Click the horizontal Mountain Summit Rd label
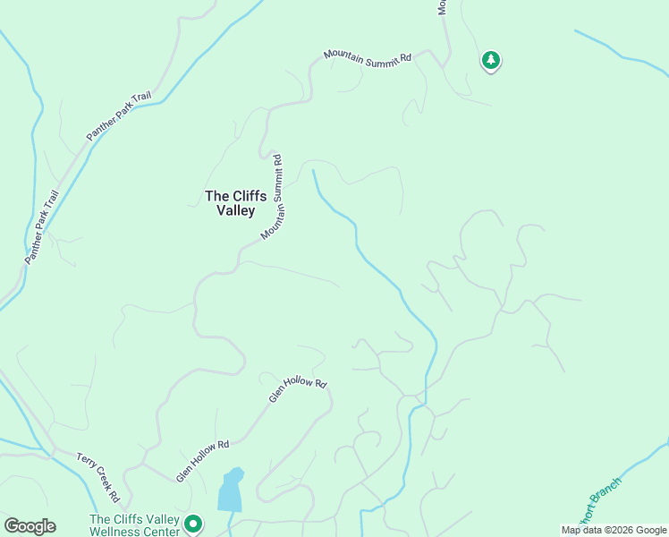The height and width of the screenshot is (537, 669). [368, 57]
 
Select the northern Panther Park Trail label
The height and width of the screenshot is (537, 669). [120, 117]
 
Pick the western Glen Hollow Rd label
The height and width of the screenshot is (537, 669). [203, 461]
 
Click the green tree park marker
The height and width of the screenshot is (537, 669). [490, 60]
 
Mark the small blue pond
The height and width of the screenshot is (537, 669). [230, 490]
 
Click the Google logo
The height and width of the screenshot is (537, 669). [30, 526]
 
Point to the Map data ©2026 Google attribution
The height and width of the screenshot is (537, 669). [614, 530]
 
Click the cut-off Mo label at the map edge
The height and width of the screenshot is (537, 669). [441, 7]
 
